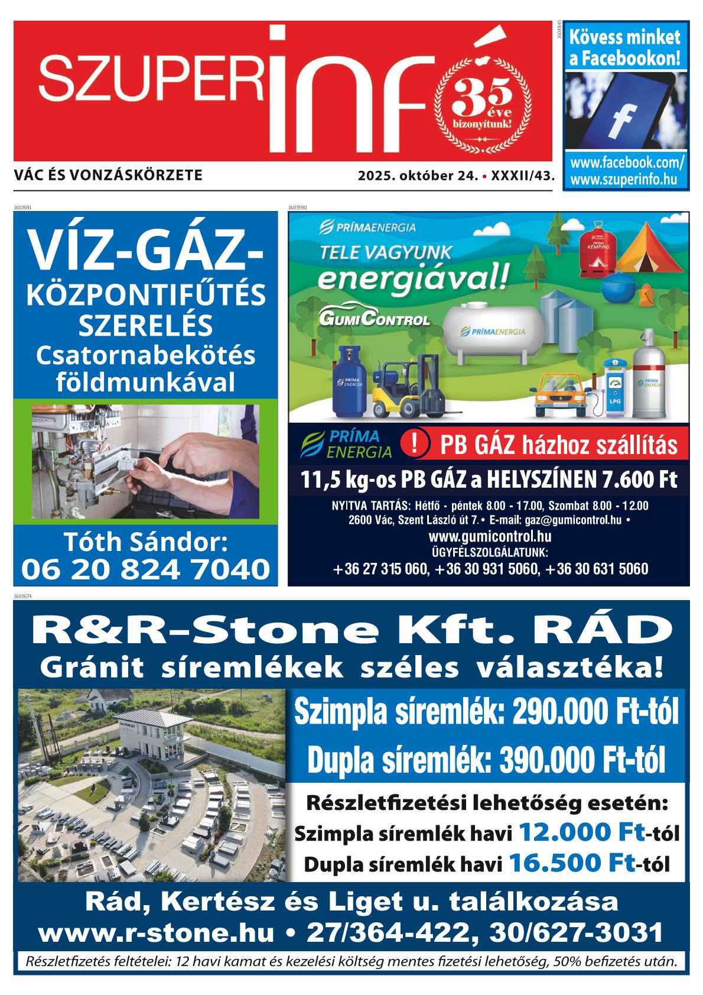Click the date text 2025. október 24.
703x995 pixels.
416,176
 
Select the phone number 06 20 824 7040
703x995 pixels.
145,569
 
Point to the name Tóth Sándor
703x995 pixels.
145,542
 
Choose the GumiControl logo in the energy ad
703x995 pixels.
374,319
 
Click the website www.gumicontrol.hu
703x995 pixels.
490,537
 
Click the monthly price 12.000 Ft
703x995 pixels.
581,833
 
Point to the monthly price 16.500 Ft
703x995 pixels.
572,863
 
